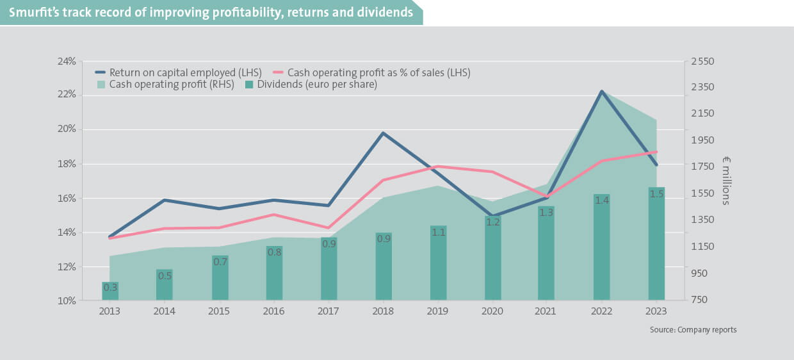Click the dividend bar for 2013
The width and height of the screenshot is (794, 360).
tap(110, 291)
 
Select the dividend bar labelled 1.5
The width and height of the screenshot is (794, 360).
tap(656, 243)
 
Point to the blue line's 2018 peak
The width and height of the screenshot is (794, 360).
tap(383, 133)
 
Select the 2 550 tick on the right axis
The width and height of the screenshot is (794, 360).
tap(702, 61)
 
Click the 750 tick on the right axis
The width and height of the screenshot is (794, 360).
tap(699, 300)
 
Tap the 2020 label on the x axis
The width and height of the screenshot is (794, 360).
tap(492, 311)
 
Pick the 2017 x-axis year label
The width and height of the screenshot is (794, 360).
tap(328, 311)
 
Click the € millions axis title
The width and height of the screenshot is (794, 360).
tap(726, 181)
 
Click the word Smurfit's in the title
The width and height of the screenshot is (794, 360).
tap(33, 12)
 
